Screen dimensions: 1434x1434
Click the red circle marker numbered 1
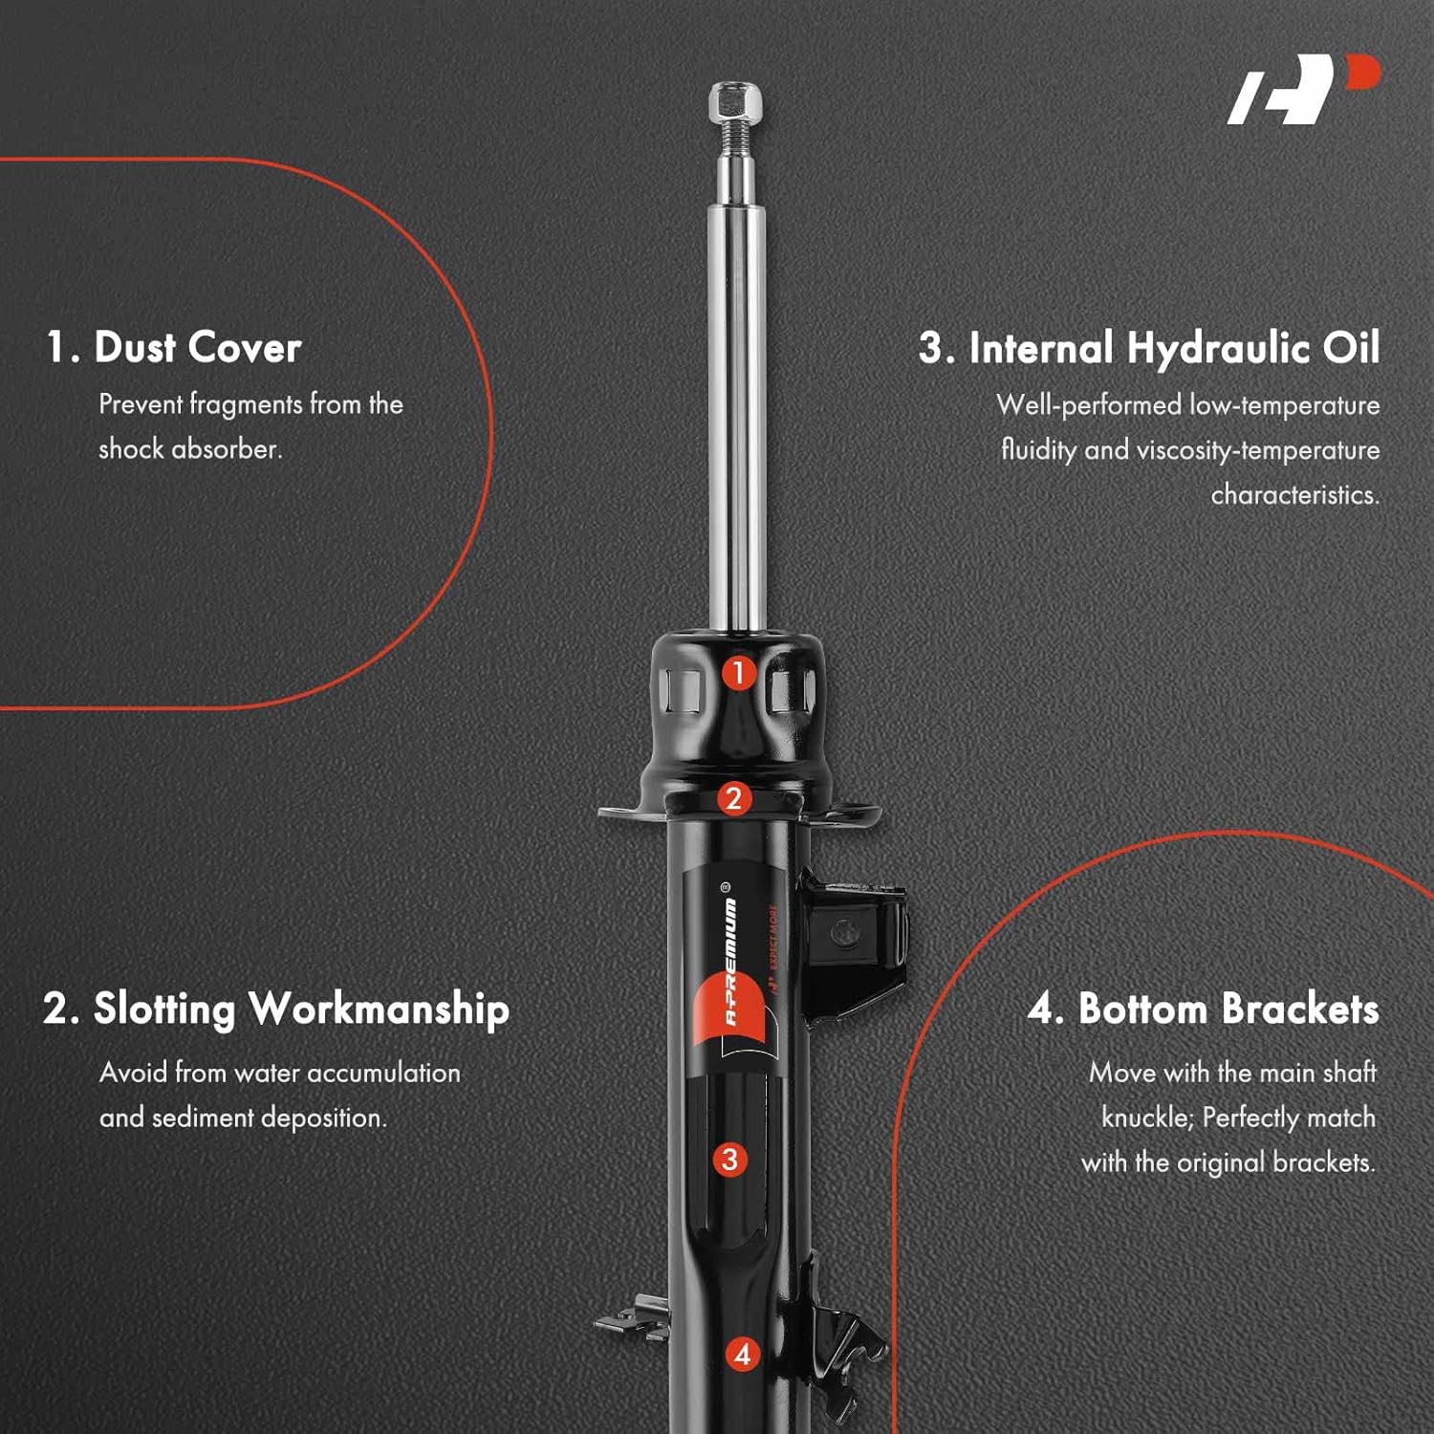click(x=738, y=673)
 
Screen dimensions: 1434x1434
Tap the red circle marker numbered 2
click(x=733, y=798)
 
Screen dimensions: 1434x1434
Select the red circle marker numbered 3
click(x=729, y=1160)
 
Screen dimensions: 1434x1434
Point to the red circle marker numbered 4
click(x=743, y=1354)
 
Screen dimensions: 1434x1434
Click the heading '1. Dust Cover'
click(x=174, y=347)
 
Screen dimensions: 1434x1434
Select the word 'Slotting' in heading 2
click(x=163, y=1010)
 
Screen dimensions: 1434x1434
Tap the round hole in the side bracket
click(x=843, y=930)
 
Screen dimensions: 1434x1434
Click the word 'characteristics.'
click(x=1294, y=495)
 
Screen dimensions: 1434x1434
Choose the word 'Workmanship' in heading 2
click(x=379, y=1010)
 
